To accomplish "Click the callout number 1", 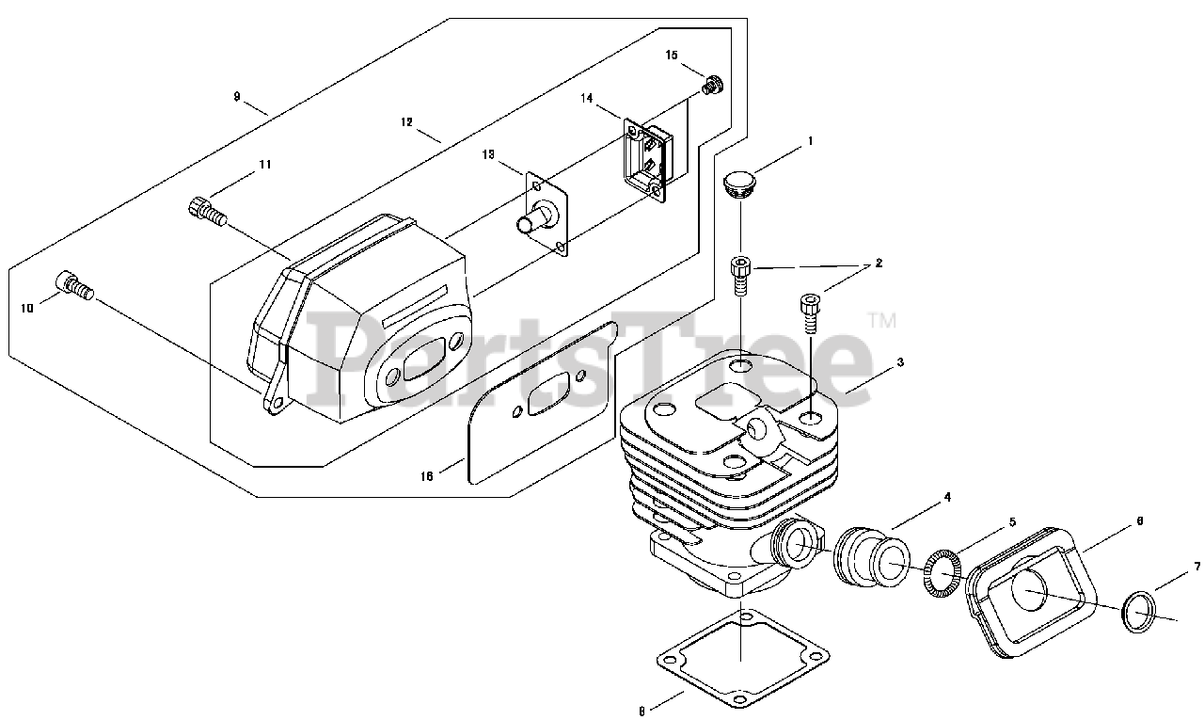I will click(810, 142).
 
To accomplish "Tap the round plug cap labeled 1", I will click(739, 182).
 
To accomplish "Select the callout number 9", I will click(237, 96).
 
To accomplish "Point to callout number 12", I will click(406, 122).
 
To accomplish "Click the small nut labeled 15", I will click(712, 86).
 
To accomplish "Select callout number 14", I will click(586, 98).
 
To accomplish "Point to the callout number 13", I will click(488, 153).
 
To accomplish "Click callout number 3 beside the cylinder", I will click(900, 361).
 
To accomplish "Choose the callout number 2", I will click(879, 264).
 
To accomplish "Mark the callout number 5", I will click(1013, 520).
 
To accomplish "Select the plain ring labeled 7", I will click(1139, 614).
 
